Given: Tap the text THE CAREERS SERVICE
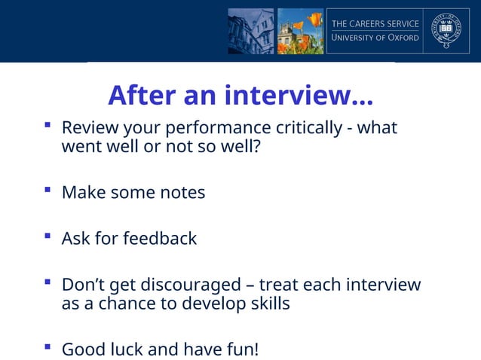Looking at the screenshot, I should point(375,24).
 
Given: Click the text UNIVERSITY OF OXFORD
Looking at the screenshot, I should point(375,38).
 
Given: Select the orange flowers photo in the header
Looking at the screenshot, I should point(300,31).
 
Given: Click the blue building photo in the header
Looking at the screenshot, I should point(251,31).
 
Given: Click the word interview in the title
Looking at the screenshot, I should point(299,96).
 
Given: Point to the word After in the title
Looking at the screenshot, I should point(138,96).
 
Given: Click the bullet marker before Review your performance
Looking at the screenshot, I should point(47,124).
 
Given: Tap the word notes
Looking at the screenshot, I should point(182,193).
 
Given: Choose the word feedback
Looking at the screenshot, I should point(160,239).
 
